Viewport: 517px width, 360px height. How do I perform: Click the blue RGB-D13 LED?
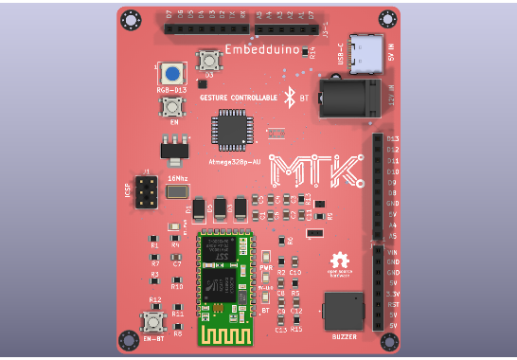(172, 74)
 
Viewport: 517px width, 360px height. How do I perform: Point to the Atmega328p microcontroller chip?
(231, 130)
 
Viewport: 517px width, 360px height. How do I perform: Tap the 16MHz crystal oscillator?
(177, 191)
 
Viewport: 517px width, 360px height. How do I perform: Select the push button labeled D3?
(208, 61)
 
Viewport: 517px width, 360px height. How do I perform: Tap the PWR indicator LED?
(266, 257)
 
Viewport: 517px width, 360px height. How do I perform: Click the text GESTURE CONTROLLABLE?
(239, 97)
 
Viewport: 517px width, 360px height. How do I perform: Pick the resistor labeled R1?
(154, 241)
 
